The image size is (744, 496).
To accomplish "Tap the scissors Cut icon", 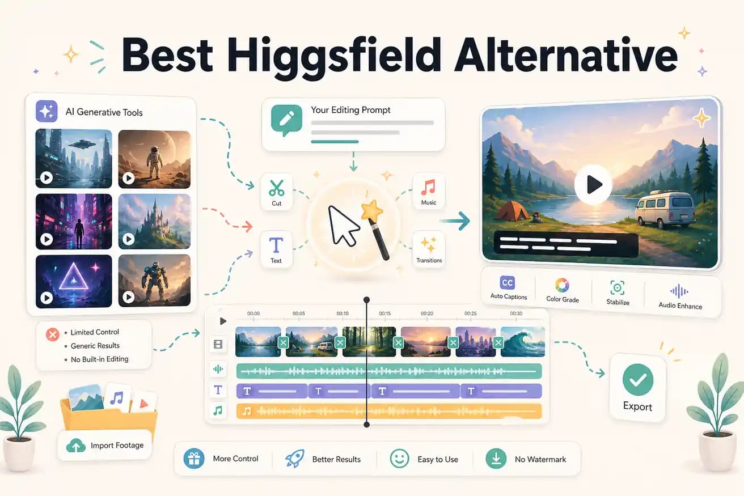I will tap(276, 188).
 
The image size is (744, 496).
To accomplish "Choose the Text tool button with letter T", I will tap(276, 246).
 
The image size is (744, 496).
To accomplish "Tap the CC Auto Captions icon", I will tap(508, 283).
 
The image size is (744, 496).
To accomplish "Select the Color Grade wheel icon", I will tap(562, 285).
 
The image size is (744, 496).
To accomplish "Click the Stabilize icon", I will tap(617, 287).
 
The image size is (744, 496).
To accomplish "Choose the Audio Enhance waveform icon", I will tap(679, 291).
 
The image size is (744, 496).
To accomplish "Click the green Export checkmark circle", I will tap(637, 379).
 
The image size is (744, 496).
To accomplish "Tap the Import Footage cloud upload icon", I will tap(75, 446).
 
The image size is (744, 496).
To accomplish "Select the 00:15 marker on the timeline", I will tap(385, 313).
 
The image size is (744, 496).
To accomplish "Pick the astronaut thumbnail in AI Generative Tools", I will tap(154, 159).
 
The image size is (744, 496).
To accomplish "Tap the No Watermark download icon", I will tap(496, 459).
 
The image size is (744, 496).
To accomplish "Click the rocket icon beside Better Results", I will tap(294, 459).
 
